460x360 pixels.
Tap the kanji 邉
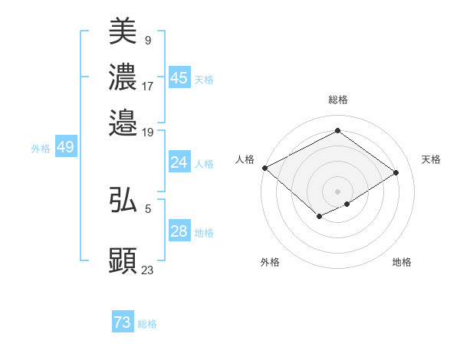(123, 123)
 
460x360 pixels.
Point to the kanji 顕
(123, 260)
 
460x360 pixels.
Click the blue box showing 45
(179, 78)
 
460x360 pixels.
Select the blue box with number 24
(179, 162)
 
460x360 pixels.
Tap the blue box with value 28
(179, 231)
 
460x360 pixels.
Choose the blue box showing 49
(65, 147)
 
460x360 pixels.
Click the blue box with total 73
(122, 322)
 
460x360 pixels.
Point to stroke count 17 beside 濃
(148, 87)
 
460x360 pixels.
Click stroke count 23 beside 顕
(148, 270)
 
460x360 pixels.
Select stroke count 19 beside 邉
(148, 132)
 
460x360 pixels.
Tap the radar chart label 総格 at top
(338, 100)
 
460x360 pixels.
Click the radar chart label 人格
(245, 159)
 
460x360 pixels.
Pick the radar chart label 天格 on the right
(432, 159)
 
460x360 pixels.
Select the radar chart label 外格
(270, 262)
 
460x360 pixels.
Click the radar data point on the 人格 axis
(264, 168)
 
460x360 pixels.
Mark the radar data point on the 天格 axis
(396, 172)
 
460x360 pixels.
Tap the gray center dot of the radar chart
(338, 191)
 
